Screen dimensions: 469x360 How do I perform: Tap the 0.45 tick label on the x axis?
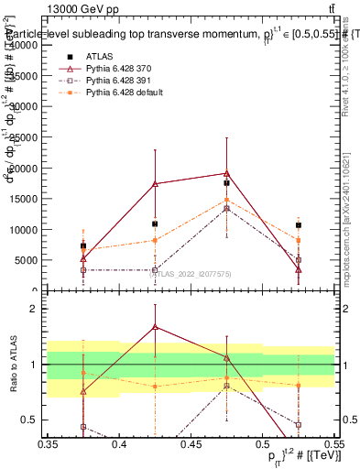(191, 444)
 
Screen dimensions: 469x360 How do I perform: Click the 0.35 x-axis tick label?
(48, 444)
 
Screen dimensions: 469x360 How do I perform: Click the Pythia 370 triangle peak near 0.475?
(226, 173)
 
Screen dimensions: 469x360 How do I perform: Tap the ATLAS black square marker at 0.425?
(155, 224)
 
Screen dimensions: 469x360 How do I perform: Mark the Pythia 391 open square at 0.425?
(155, 270)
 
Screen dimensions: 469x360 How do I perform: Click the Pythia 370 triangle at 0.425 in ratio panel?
(155, 325)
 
